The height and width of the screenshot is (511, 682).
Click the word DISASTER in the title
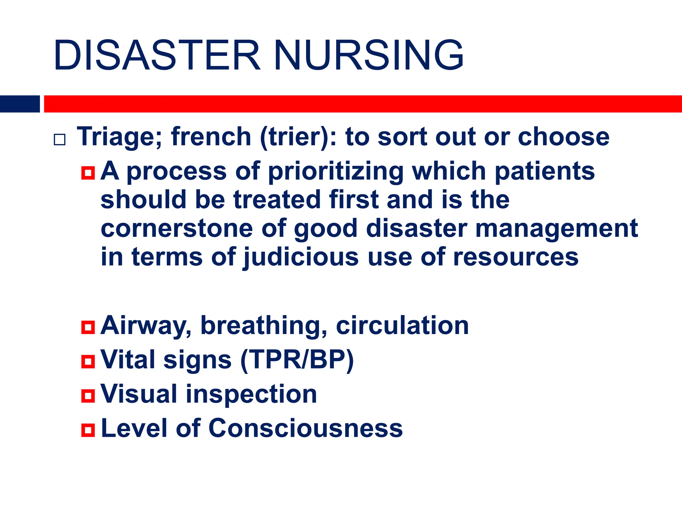click(x=157, y=56)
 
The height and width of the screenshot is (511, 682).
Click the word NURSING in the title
click(x=369, y=56)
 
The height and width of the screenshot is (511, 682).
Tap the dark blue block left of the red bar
click(x=20, y=104)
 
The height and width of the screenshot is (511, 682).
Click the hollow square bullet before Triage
click(x=60, y=139)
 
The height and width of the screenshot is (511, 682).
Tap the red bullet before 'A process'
click(x=88, y=173)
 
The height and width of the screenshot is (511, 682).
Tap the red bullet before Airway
click(x=88, y=327)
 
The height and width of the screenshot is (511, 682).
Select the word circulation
click(x=402, y=325)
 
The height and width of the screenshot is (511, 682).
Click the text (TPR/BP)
click(x=297, y=360)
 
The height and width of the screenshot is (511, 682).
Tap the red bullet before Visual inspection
click(x=88, y=396)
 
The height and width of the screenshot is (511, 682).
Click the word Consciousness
click(x=305, y=428)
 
